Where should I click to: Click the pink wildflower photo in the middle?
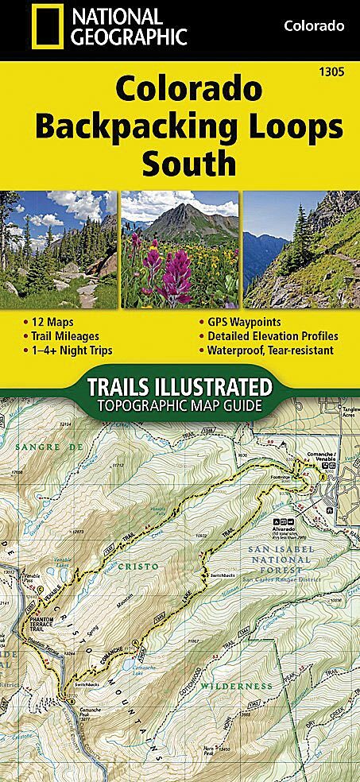180,249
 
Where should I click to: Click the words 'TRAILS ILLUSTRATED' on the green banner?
179,389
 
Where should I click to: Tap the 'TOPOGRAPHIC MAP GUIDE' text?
180,405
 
